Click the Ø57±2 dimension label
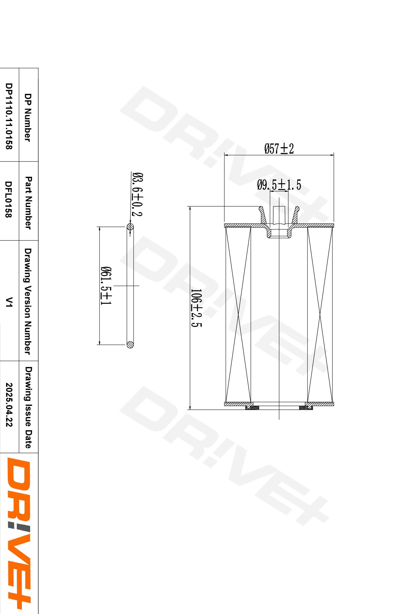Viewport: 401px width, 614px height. pyautogui.click(x=279, y=149)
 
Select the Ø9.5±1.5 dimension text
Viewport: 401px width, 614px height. pyautogui.click(x=279, y=185)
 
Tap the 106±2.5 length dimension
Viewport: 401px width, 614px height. pyautogui.click(x=196, y=307)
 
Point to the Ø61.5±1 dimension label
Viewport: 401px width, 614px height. pyautogui.click(x=106, y=286)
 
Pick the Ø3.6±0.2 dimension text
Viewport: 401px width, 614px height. pyautogui.click(x=137, y=194)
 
